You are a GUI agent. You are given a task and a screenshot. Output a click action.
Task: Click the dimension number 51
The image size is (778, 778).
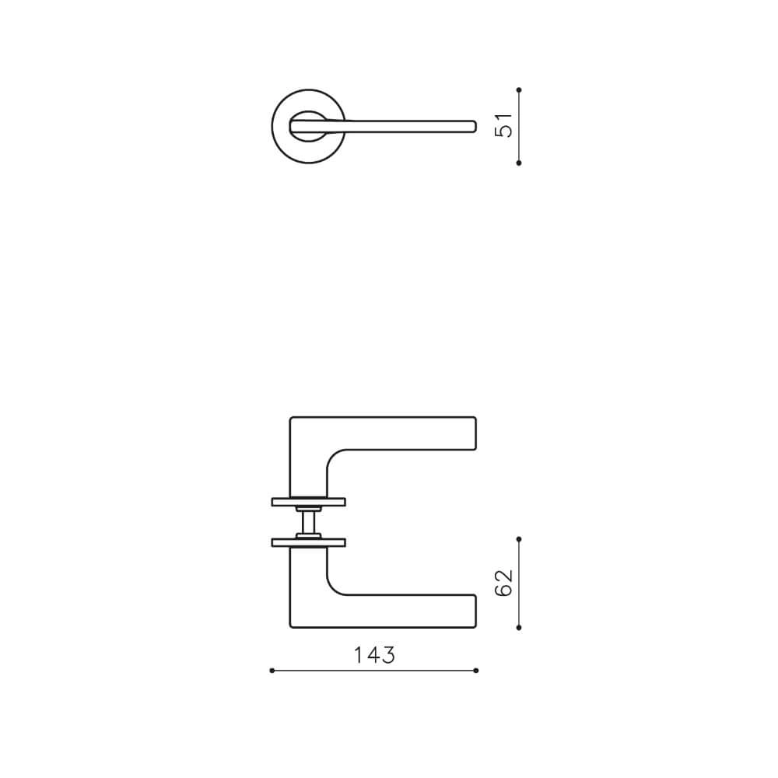pos(506,126)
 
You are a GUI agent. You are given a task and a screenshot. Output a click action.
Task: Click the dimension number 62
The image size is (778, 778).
pos(505,583)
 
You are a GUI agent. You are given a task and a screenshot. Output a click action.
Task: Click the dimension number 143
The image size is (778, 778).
pos(374,655)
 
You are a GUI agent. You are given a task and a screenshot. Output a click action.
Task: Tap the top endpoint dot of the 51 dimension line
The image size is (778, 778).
pos(519,90)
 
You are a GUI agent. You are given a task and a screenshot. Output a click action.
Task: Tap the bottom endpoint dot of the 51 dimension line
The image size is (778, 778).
pos(519,163)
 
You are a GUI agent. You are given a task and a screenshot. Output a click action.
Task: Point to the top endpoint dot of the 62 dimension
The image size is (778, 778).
pos(519,538)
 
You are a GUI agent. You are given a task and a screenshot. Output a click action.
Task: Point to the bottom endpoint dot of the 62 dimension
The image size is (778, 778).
pos(519,627)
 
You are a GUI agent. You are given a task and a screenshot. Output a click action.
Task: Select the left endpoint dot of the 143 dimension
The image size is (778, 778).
pos(272,670)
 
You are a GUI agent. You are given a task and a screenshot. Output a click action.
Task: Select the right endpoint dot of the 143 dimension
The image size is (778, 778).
pos(476,670)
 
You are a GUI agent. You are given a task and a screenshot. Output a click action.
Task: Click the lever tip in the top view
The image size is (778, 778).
pos(471,126)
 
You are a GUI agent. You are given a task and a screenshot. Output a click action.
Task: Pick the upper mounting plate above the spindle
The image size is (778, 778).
pos(308,502)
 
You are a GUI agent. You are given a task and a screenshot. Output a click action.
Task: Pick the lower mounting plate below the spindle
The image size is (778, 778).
pos(308,542)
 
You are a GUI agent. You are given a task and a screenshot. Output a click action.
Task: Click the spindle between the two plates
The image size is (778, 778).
pos(308,521)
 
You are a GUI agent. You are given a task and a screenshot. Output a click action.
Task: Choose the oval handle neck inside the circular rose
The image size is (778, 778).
pos(308,126)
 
